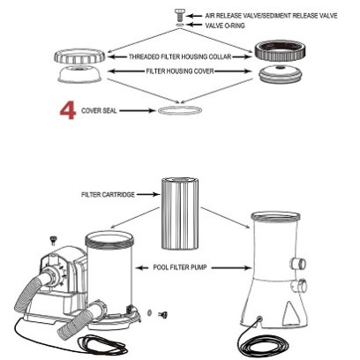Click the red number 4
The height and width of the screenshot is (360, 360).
(x=68, y=111)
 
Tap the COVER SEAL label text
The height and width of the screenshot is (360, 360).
(x=99, y=111)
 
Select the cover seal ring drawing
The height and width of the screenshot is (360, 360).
(x=180, y=110)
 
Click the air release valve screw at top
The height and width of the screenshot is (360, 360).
(x=179, y=15)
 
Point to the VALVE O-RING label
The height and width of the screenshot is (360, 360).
(x=225, y=26)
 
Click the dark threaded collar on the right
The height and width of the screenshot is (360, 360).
(x=280, y=50)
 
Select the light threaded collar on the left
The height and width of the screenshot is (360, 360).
(x=79, y=56)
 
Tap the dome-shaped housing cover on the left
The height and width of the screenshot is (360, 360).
(x=80, y=74)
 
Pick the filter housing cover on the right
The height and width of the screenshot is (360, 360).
(x=281, y=74)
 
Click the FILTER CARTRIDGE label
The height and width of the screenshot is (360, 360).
(x=108, y=194)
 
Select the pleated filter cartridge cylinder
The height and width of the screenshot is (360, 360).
(x=180, y=214)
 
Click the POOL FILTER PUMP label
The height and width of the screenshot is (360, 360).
(x=180, y=267)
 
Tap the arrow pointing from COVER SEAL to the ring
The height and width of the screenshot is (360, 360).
(x=137, y=110)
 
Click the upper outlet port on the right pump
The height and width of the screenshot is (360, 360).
(x=299, y=263)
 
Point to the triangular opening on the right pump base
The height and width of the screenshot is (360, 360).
(x=289, y=313)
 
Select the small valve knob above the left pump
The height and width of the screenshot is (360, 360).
(x=53, y=240)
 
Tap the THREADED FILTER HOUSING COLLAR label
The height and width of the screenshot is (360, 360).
(x=180, y=56)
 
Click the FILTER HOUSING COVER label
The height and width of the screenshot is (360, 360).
(x=180, y=71)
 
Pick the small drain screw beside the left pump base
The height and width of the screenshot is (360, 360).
(x=162, y=315)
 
